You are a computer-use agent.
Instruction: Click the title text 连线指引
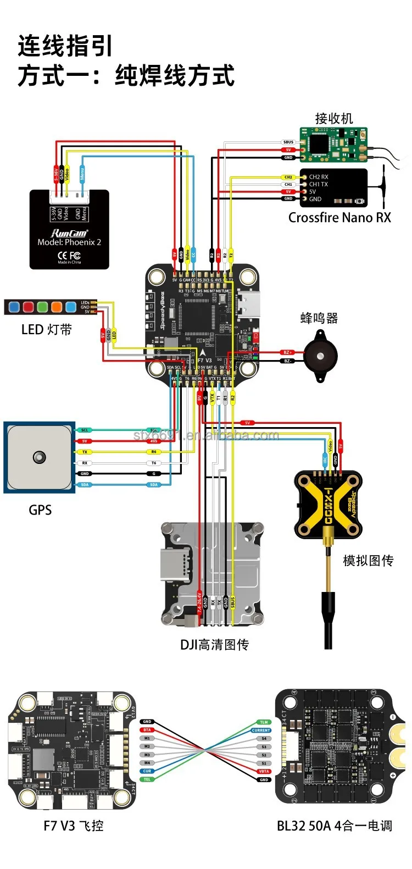[65, 46]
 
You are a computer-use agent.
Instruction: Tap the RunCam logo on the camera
[69, 233]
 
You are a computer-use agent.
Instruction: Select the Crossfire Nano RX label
[339, 218]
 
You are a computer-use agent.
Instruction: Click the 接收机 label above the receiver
[333, 118]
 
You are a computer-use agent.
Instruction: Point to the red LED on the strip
[28, 307]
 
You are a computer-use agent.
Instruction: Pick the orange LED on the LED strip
[57, 307]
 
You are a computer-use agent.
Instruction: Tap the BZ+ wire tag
[287, 352]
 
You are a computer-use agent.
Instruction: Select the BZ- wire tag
[287, 361]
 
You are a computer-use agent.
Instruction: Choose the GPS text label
[40, 510]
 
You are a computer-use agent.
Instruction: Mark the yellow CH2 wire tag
[288, 177]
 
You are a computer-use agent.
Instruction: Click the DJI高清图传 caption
[214, 644]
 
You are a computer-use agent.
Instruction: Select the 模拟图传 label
[368, 561]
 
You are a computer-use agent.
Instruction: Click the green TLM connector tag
[264, 722]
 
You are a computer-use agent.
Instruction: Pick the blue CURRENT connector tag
[261, 730]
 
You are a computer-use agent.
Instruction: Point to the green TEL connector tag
[147, 779]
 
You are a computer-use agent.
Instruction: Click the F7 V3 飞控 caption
[73, 826]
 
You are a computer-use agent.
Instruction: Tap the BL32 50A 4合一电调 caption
[334, 826]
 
